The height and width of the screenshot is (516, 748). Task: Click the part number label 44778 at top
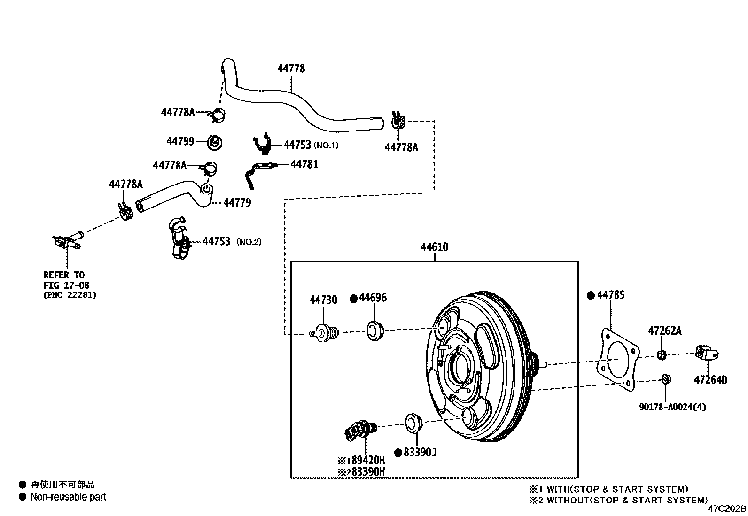click(291, 69)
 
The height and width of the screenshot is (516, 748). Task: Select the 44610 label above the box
click(434, 247)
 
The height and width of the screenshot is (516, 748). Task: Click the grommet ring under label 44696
click(375, 331)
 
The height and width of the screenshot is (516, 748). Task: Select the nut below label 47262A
click(661, 354)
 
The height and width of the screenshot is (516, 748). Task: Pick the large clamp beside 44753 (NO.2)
click(181, 240)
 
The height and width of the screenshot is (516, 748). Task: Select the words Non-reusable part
click(68, 497)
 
